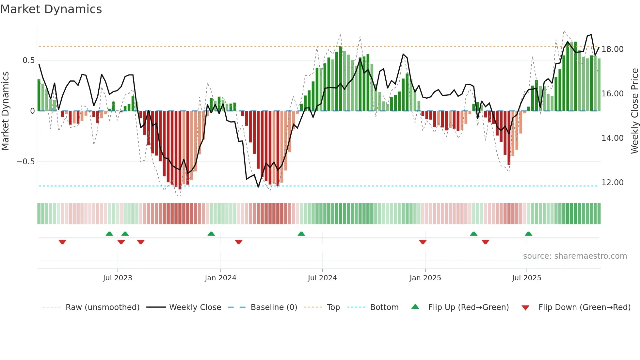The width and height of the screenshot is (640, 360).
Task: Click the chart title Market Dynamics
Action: click(51, 9)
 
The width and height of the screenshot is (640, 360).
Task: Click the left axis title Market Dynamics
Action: click(6, 111)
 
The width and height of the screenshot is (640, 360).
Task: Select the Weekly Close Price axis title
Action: click(634, 111)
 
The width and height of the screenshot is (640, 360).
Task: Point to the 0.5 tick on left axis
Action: click(28, 60)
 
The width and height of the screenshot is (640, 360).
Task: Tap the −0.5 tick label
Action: click(25, 162)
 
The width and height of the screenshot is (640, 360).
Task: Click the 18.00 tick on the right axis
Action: click(612, 49)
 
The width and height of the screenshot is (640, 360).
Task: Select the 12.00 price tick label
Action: click(612, 183)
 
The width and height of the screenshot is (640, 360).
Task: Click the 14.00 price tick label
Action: click(612, 138)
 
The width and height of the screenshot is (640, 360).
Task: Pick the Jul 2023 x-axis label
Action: click(118, 278)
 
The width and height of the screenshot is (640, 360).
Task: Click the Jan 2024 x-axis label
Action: click(220, 278)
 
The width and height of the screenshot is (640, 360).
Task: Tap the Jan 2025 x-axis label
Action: click(425, 278)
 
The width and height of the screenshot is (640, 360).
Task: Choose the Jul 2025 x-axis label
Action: click(526, 278)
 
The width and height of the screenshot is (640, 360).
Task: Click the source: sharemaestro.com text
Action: click(575, 256)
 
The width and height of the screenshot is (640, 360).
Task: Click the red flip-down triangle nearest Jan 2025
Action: click(423, 242)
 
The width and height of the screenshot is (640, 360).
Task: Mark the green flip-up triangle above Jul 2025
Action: click(528, 234)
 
